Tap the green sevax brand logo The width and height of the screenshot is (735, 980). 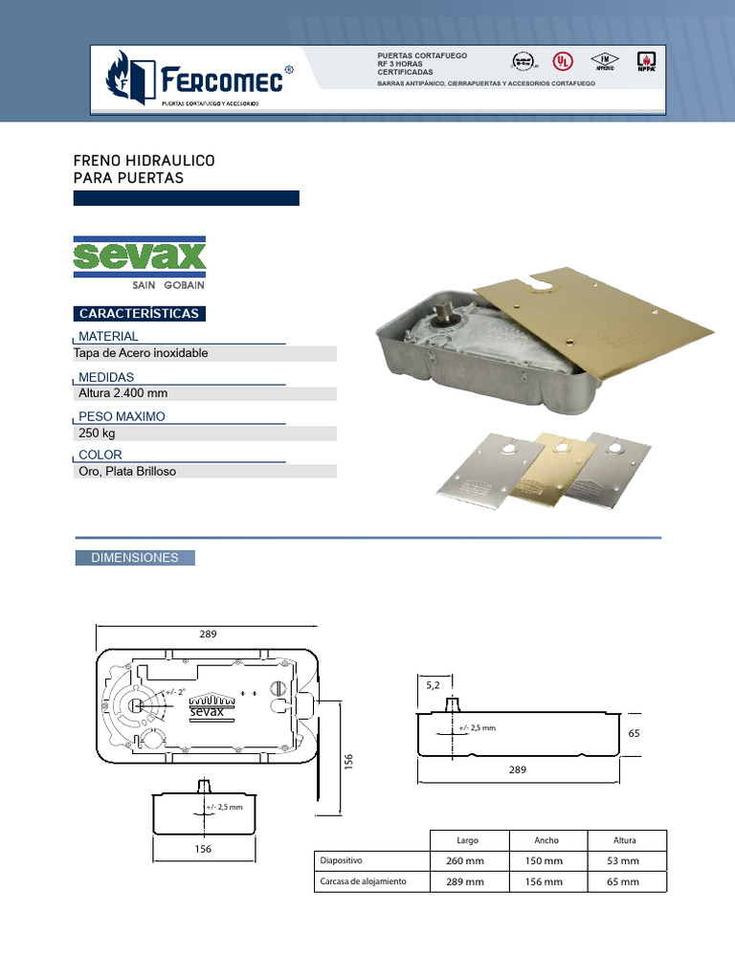point(140,256)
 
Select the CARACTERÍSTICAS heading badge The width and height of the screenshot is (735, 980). point(139,314)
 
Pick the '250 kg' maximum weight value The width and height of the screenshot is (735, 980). point(97,434)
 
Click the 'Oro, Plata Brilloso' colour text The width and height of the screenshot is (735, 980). point(126,472)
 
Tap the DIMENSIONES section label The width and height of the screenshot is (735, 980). point(135,558)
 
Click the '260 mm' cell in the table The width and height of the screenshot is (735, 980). point(466,860)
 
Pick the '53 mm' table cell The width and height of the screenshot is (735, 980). point(623,860)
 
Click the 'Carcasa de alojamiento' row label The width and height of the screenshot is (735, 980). point(364,880)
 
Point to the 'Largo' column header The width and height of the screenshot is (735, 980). point(467,840)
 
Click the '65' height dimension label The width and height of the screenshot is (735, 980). point(633,732)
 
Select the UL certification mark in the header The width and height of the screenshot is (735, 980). point(565,59)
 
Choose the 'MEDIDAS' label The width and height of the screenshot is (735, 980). point(106,377)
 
